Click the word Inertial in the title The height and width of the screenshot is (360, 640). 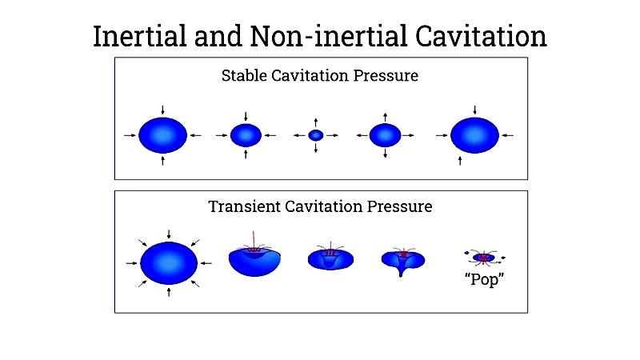coord(140,36)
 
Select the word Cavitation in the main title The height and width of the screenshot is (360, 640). coord(481,36)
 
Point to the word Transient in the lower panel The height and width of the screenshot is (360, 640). coord(244,206)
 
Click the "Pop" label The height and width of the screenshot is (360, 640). coord(484,279)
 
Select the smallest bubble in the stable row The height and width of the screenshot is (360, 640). coord(315,135)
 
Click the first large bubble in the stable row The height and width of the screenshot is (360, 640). coord(163,135)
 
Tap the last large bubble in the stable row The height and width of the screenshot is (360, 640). coord(474,135)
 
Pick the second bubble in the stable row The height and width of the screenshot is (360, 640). coord(246,135)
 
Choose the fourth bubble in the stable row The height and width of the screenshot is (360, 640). coord(386,135)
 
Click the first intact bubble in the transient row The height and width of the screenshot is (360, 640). coord(169,263)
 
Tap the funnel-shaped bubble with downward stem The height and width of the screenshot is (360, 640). coord(403,262)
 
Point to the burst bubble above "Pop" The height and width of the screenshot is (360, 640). coord(484,258)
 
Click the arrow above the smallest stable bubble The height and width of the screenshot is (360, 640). coord(315,123)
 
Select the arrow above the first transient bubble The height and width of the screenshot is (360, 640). coord(169,234)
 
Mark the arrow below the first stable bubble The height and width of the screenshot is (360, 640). coord(163,161)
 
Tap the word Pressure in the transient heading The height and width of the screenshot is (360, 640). coord(399,206)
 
